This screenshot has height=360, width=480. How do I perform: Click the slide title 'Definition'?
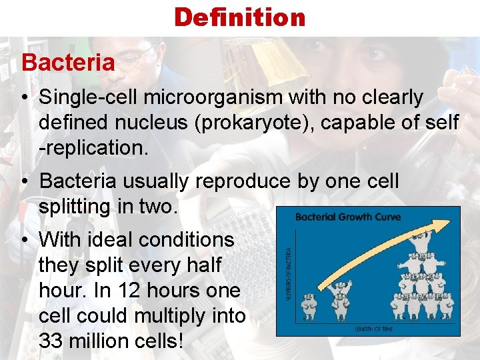[239, 17]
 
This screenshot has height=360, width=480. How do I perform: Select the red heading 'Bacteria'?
[68, 63]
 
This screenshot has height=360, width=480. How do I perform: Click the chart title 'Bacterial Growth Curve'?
[347, 217]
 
